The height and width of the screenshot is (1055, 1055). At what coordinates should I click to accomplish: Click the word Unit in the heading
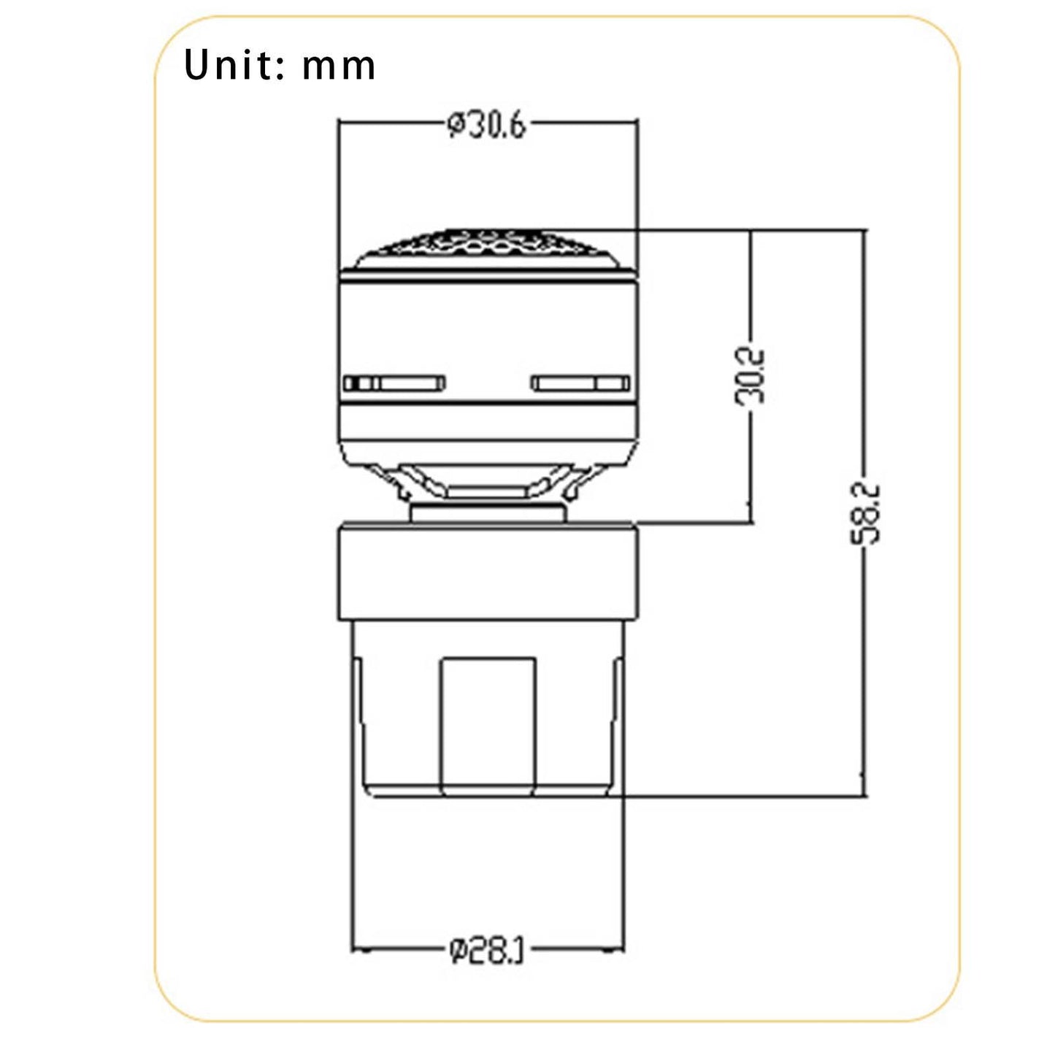[x=231, y=65]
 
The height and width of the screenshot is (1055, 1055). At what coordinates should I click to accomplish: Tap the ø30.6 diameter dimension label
[x=486, y=126]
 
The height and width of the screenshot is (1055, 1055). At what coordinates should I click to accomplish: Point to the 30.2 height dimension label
[x=750, y=377]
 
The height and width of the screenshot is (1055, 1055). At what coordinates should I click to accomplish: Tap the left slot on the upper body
[x=394, y=383]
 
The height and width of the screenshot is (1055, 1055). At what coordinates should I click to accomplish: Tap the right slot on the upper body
[x=581, y=383]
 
